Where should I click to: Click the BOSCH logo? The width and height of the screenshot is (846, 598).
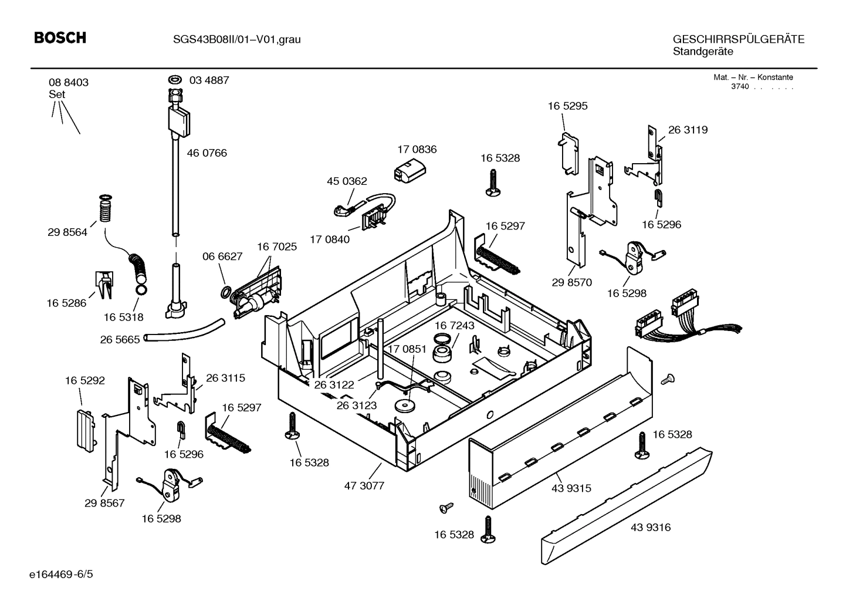click(60, 38)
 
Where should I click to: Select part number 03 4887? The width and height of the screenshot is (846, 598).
click(209, 80)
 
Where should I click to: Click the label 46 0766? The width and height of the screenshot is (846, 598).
click(207, 153)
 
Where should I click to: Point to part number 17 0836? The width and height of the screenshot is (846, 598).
click(417, 150)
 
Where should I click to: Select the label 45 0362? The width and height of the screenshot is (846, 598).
click(347, 181)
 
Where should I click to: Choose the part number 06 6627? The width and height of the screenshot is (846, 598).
click(222, 256)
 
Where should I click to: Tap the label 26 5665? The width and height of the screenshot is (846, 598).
click(120, 340)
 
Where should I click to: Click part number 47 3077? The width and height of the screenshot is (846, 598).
click(364, 486)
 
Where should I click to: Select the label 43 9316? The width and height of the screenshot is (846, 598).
click(651, 528)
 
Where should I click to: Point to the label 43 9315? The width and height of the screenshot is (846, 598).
click(571, 488)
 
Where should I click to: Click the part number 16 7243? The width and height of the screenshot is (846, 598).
click(454, 325)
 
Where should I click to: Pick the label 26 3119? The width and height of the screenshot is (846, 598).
click(688, 130)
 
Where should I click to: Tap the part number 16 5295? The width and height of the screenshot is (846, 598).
click(567, 106)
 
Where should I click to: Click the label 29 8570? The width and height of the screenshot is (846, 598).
click(571, 282)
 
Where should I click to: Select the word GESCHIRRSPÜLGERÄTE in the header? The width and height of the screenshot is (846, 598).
click(738, 39)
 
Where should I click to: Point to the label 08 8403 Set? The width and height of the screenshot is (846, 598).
click(68, 88)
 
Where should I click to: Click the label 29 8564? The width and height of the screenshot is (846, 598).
click(67, 232)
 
